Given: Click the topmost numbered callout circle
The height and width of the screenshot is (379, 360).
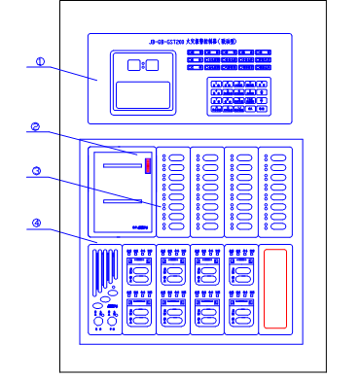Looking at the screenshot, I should pyautogui.click(x=40, y=62).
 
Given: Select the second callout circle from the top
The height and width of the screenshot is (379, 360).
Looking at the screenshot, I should pyautogui.click(x=35, y=127).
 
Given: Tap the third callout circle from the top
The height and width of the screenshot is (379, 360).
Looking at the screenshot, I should pyautogui.click(x=36, y=172).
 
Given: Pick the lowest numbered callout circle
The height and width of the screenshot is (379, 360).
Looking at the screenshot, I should pyautogui.click(x=36, y=224).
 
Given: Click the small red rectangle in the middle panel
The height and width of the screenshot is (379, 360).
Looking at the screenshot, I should pyautogui.click(x=148, y=165).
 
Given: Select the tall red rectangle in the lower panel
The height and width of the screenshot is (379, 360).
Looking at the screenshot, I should pyautogui.click(x=275, y=289).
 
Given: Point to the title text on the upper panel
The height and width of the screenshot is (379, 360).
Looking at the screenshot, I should pyautogui.click(x=193, y=42).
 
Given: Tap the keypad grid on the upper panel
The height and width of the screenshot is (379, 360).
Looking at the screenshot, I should pyautogui.click(x=238, y=96).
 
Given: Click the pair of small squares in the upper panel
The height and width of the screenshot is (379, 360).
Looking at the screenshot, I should pyautogui.click(x=143, y=65).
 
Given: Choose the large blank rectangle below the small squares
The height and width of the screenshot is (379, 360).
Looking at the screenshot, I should pyautogui.click(x=143, y=95).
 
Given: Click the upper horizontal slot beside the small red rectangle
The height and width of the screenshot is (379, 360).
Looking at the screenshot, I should pyautogui.click(x=123, y=166).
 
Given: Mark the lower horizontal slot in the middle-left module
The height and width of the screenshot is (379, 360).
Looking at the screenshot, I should pyautogui.click(x=122, y=201).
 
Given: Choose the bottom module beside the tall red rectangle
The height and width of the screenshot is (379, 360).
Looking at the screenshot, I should pyautogui.click(x=241, y=310).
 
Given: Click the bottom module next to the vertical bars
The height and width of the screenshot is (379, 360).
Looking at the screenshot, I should pyautogui.click(x=139, y=310).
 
